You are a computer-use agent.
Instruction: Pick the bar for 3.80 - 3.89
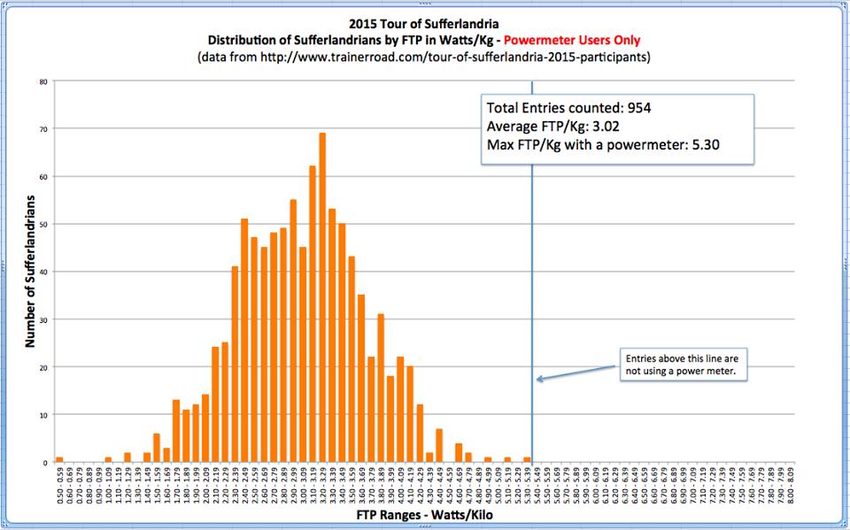[381, 388]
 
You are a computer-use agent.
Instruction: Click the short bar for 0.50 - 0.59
[59, 460]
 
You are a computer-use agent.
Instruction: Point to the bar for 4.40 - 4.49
[439, 446]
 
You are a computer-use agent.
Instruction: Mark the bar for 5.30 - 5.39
[527, 460]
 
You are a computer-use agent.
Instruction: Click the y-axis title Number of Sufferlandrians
[30, 273]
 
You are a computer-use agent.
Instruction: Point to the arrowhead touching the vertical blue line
[538, 380]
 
